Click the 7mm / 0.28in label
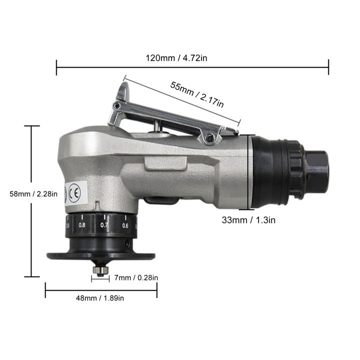[x=136, y=277]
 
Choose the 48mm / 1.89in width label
[x=100, y=298]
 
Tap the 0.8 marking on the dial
[x=82, y=225]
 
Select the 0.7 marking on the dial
[x=104, y=225]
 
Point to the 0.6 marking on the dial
[x=125, y=225]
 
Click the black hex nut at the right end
[x=316, y=171]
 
